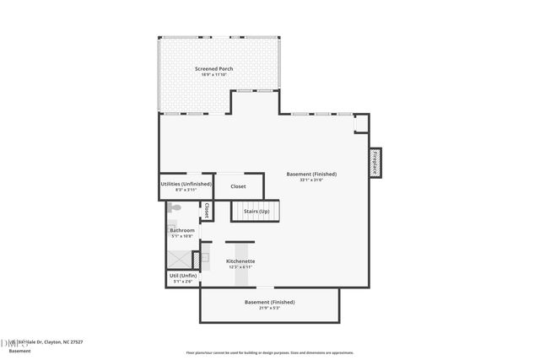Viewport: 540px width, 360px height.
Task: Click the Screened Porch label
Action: [x=213, y=68]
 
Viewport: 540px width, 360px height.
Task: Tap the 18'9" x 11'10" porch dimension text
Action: [x=213, y=75]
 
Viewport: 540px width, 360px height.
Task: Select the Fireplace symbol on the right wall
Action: [x=375, y=162]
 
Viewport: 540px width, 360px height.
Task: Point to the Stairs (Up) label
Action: [x=256, y=211]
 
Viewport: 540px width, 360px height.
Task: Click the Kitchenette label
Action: [x=240, y=261]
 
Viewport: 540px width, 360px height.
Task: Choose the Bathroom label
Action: [x=182, y=230]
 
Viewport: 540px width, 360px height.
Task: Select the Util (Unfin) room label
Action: [x=183, y=276]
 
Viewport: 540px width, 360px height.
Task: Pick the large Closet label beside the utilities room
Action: [x=238, y=186]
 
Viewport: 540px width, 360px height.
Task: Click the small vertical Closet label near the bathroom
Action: [x=205, y=211]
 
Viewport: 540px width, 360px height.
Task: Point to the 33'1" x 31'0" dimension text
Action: [x=305, y=180]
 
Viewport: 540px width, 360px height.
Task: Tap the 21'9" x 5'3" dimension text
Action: [x=269, y=308]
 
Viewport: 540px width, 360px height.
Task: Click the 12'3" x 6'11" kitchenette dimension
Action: [x=240, y=268]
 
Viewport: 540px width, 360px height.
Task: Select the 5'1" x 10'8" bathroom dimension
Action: [x=182, y=237]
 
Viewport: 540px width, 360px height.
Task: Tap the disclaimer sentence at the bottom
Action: [x=269, y=352]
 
